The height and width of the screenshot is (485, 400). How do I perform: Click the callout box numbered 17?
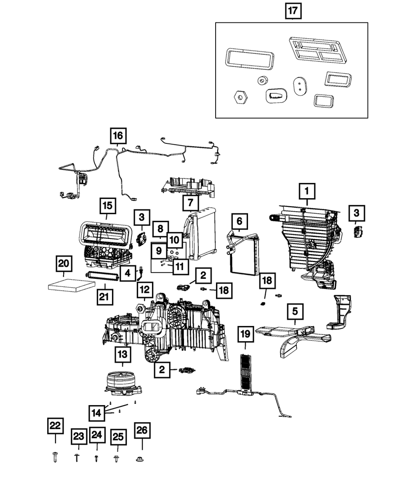[294, 11]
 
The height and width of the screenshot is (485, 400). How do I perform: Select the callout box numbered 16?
[118, 136]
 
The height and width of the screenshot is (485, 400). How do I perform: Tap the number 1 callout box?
[307, 192]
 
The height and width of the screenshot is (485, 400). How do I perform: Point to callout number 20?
[63, 264]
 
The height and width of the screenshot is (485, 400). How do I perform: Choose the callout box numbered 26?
[142, 430]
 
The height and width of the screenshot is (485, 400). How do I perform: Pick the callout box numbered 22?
[55, 426]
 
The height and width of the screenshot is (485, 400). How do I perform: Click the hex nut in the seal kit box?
[240, 97]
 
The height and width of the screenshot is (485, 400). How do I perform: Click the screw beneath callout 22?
[55, 457]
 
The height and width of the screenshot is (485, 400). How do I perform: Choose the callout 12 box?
[144, 289]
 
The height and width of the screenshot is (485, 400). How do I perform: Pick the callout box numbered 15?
[107, 206]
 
